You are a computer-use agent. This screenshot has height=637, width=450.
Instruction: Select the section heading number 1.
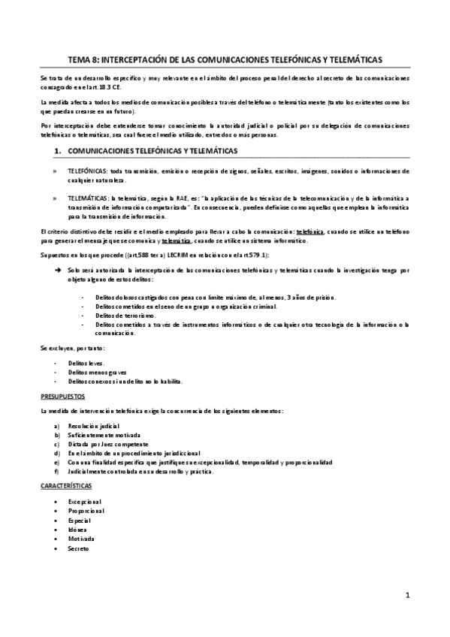(x=59, y=151)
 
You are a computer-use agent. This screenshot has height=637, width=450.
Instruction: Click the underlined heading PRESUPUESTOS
(x=63, y=395)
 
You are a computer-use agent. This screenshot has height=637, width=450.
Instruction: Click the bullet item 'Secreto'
(x=79, y=548)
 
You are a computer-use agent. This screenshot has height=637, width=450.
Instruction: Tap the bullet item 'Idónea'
(x=78, y=530)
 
